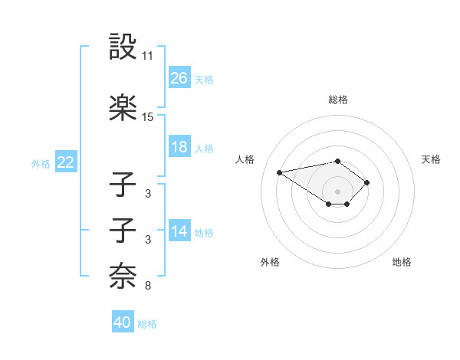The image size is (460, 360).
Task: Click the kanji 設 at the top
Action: pos(123,47)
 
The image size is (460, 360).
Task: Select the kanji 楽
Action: pos(123,107)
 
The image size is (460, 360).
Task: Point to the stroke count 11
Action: pos(148,56)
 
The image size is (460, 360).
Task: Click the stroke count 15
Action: pos(148,117)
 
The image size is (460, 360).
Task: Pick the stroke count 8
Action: pos(148,286)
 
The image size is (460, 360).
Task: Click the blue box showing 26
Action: pos(179,78)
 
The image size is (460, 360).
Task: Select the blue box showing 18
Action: pos(179,147)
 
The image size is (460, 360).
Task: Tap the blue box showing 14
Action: pos(179,231)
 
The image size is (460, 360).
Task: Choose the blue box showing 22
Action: pos(66,162)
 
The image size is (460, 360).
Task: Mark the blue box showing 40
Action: pos(123,322)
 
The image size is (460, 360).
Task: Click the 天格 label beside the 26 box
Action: pos(204,79)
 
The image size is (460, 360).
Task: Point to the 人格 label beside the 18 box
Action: pos(204,148)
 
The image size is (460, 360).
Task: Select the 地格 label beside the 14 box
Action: pos(204,232)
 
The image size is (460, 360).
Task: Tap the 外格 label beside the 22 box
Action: pos(41,163)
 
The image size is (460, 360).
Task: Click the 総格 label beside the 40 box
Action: pos(147,323)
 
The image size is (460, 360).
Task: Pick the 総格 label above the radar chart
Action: pos(338,100)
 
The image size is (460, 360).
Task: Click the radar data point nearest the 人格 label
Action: pos(280,172)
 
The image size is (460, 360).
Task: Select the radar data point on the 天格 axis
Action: pos(367,182)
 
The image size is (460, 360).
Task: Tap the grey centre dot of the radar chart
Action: pos(337,191)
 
